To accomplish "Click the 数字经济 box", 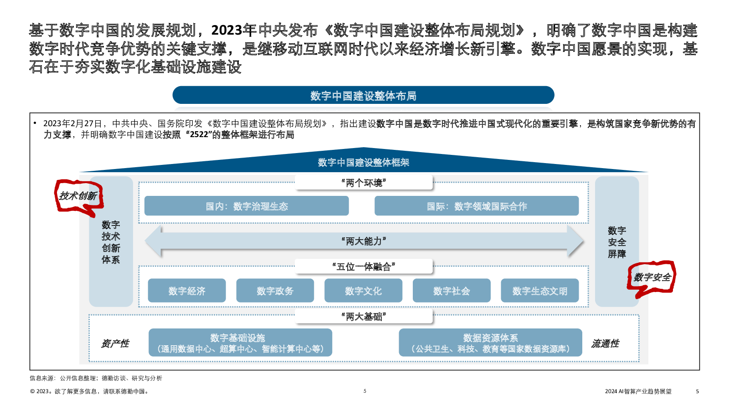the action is (x=187, y=291).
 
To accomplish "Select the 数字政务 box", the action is (x=275, y=291).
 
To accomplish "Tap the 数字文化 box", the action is (x=363, y=291).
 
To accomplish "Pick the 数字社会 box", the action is (x=452, y=291).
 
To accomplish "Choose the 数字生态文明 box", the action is (x=539, y=291).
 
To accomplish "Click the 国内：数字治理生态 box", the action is (x=246, y=205).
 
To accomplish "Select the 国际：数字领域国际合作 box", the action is (x=477, y=205).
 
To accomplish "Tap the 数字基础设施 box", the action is (x=240, y=342).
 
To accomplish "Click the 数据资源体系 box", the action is (x=490, y=342).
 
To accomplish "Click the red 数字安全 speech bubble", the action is (x=652, y=277).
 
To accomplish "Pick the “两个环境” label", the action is (x=364, y=183).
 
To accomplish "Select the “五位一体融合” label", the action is (x=364, y=266).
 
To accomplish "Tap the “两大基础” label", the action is (x=364, y=316).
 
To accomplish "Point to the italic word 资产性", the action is (x=115, y=343).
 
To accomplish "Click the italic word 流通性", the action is (x=605, y=343).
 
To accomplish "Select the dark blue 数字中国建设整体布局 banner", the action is (x=363, y=95).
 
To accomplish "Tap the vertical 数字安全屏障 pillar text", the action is (x=617, y=242).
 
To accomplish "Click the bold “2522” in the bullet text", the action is (x=199, y=134).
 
